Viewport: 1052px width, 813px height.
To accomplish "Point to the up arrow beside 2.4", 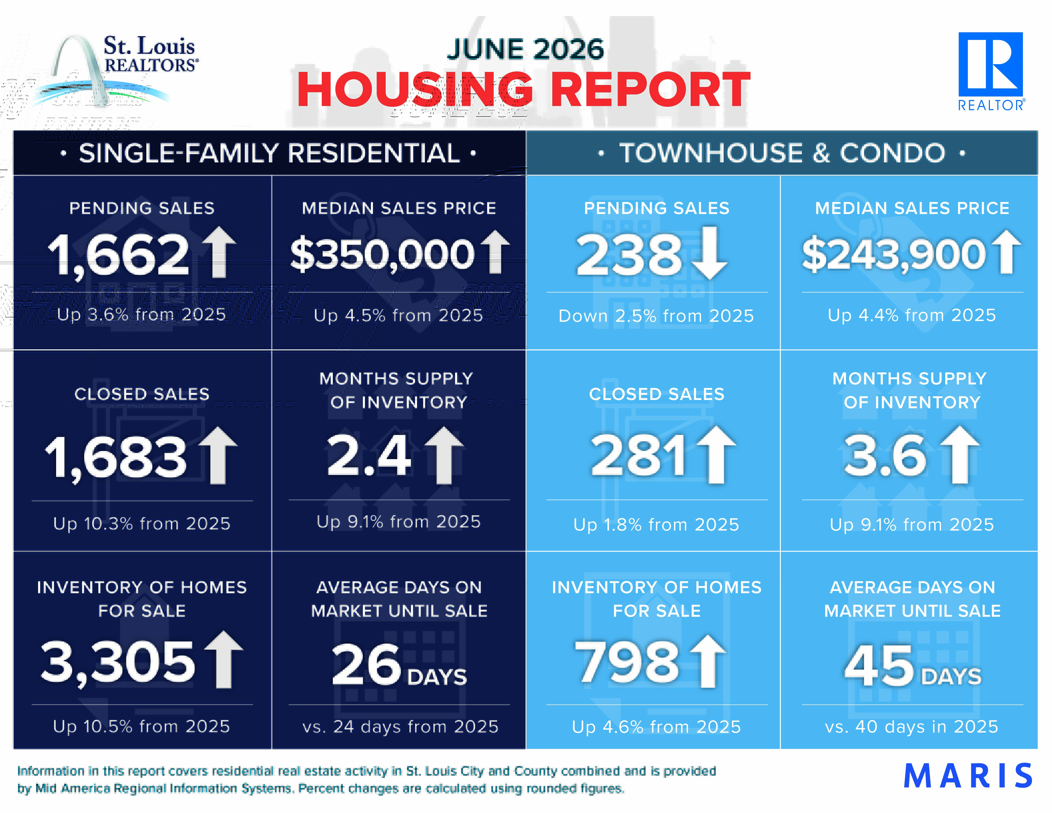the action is pyautogui.click(x=444, y=455).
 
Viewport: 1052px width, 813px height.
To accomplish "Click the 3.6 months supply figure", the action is pyautogui.click(x=885, y=455).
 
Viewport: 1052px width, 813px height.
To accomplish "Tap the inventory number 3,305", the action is pyautogui.click(x=118, y=662).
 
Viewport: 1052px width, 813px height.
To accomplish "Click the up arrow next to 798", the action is pyautogui.click(x=708, y=661).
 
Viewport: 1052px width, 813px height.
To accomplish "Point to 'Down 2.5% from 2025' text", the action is pyautogui.click(x=656, y=316).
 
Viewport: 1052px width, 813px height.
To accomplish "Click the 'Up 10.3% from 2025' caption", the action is pyautogui.click(x=142, y=524).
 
